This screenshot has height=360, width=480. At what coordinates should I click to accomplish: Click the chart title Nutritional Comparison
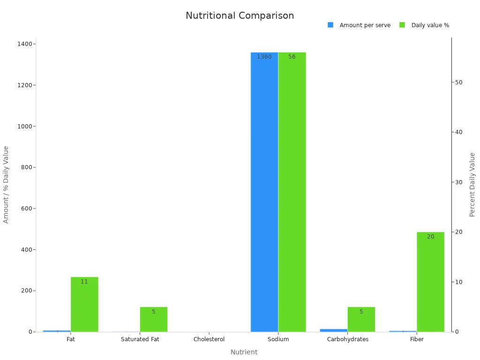click(240, 15)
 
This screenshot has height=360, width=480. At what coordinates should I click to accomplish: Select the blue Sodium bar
click(264, 192)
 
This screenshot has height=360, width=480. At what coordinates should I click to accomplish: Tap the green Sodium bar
click(292, 192)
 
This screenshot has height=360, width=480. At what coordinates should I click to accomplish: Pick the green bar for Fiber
click(430, 282)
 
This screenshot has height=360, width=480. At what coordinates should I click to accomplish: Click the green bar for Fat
click(84, 304)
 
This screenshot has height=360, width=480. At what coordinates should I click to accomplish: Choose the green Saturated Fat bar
click(153, 319)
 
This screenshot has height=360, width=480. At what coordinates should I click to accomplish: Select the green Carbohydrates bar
click(361, 319)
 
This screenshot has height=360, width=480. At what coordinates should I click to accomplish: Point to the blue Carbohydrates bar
click(333, 330)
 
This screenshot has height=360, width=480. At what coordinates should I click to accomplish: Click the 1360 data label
click(264, 57)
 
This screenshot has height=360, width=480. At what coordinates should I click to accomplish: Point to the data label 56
click(292, 57)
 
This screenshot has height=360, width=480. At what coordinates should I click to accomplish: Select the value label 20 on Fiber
click(430, 237)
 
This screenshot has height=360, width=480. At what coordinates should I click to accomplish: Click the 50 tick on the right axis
click(458, 82)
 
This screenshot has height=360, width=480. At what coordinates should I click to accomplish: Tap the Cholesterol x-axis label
click(209, 339)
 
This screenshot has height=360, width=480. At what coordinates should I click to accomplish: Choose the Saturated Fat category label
click(140, 339)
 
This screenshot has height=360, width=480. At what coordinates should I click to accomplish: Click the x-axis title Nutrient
click(244, 352)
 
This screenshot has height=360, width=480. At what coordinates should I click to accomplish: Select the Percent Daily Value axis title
click(472, 185)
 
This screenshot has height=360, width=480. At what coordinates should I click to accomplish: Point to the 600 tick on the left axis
click(26, 209)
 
